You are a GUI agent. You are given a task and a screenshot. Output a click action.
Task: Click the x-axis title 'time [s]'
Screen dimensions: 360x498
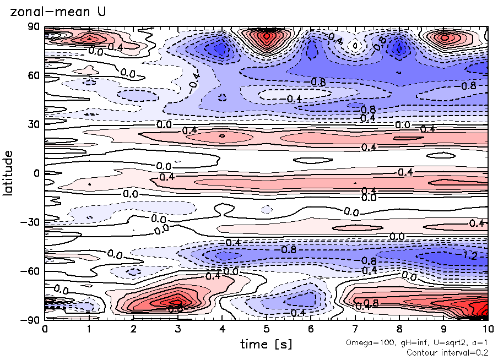click(x=266, y=344)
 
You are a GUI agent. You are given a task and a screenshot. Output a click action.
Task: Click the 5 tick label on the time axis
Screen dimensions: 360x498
click(x=266, y=329)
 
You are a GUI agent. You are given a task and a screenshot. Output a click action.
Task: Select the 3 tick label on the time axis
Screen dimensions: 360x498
click(x=177, y=329)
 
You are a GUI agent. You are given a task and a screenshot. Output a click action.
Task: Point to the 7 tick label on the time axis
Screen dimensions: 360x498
click(x=355, y=329)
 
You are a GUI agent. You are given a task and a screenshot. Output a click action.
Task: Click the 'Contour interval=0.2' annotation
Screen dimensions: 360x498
click(x=447, y=352)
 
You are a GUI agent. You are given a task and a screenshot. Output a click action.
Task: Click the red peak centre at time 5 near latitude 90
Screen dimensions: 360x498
click(x=267, y=36)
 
